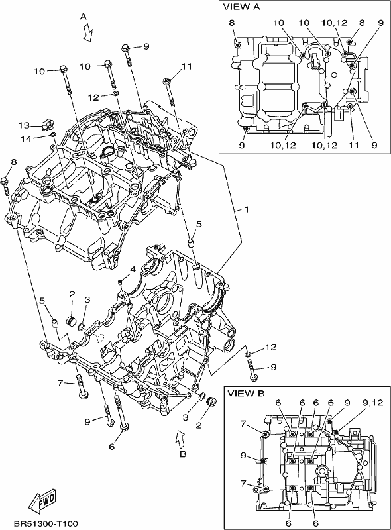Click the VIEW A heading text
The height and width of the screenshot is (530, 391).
point(241,7)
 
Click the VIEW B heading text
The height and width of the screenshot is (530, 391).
point(246,394)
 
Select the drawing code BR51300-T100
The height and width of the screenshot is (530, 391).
point(46,524)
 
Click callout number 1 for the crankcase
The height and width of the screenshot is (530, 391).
point(247,209)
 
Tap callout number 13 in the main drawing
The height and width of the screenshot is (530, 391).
point(24,126)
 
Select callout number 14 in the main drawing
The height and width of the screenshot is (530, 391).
point(26,138)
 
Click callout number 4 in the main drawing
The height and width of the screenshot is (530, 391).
point(133,270)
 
